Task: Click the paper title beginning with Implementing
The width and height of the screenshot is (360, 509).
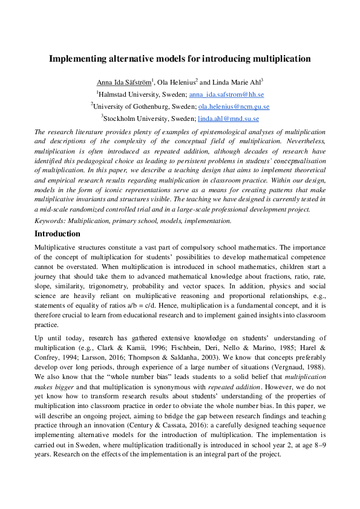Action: pos(180,59)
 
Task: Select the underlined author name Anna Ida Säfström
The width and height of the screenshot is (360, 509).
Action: pos(123,82)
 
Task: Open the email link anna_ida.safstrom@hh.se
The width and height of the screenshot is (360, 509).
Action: pos(226,95)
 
